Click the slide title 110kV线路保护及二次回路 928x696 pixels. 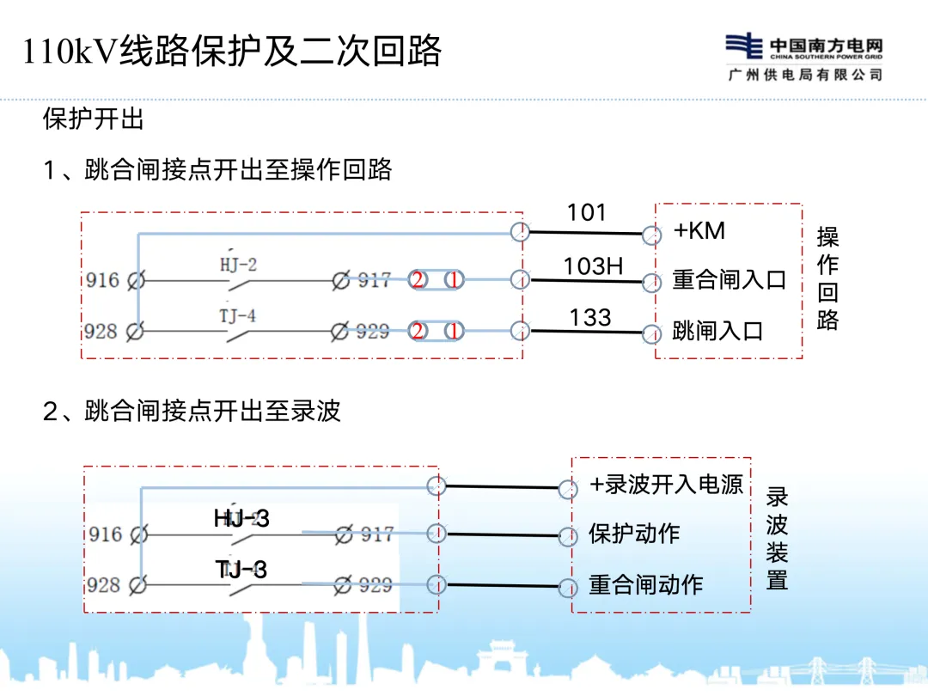(x=232, y=52)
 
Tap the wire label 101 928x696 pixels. (x=587, y=212)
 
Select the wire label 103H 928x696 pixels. (x=593, y=266)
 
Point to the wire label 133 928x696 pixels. (x=590, y=317)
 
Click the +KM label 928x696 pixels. (x=699, y=230)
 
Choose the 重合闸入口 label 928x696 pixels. (x=729, y=280)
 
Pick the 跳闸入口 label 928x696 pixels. (x=717, y=331)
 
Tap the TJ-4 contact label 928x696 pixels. (x=237, y=315)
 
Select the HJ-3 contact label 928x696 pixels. (x=241, y=518)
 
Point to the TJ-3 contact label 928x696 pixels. (x=241, y=569)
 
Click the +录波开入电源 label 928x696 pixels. (x=666, y=485)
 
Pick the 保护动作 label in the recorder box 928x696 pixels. (x=634, y=534)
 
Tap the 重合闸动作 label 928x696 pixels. (x=645, y=585)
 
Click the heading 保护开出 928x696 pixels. (x=94, y=119)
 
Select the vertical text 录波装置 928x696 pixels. (x=777, y=538)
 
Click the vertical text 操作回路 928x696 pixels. (x=827, y=278)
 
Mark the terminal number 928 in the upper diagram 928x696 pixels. (x=101, y=331)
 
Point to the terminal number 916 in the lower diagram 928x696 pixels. (x=105, y=534)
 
